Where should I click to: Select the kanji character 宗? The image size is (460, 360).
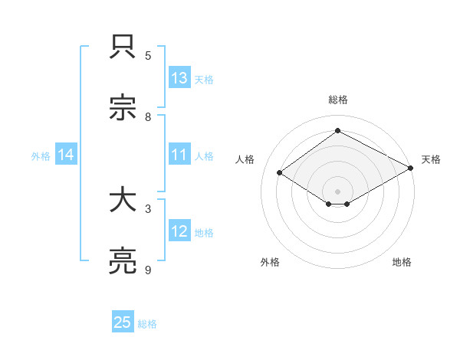[x=123, y=110]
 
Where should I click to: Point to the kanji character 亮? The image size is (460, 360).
[x=123, y=262]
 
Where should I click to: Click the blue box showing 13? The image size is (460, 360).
[x=179, y=78]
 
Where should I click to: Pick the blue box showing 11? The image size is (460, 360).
[x=179, y=155]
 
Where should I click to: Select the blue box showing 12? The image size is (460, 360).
[x=179, y=231]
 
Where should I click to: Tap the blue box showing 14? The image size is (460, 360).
[x=66, y=155]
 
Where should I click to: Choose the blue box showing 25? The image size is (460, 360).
[x=123, y=322]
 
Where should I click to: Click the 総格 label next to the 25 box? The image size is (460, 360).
[x=147, y=324]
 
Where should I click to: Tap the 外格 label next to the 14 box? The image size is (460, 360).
[x=41, y=156]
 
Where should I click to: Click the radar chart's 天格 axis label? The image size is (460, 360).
[x=431, y=159]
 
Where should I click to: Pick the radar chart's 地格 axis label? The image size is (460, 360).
[x=402, y=262]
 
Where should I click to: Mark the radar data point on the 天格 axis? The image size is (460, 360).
[x=412, y=169]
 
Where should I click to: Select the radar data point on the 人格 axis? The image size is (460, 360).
[x=280, y=173]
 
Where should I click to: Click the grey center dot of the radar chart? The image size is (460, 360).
[x=337, y=191]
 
